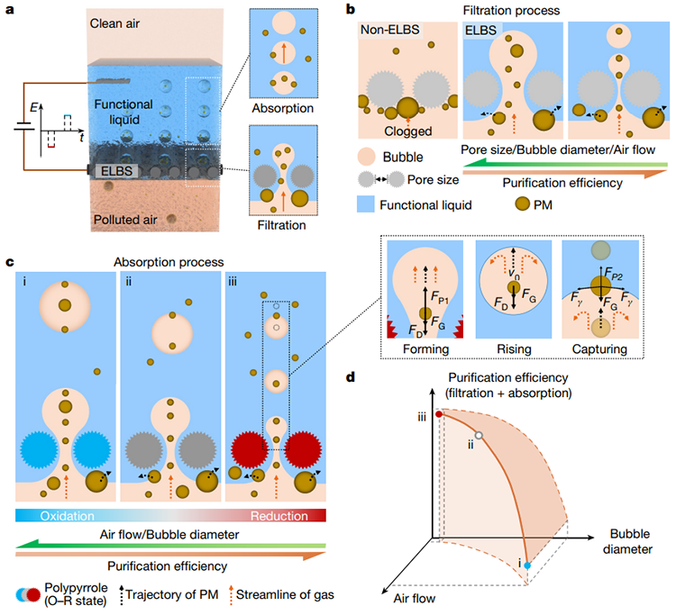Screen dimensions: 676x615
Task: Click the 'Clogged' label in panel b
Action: click(x=407, y=131)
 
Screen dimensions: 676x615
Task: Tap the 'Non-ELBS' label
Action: click(x=389, y=30)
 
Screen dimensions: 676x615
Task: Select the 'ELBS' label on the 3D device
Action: click(x=116, y=171)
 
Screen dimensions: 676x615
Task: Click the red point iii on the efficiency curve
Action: click(x=439, y=414)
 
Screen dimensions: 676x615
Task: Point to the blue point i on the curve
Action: click(x=527, y=565)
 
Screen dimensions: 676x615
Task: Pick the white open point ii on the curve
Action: click(x=479, y=436)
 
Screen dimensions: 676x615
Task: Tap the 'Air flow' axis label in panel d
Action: click(x=415, y=598)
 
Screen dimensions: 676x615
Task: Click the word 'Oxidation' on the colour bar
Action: click(x=68, y=516)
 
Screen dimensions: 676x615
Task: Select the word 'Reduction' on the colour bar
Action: click(x=279, y=516)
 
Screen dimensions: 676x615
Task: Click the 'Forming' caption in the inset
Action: click(x=426, y=349)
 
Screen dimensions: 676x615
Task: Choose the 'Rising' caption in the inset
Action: click(x=514, y=349)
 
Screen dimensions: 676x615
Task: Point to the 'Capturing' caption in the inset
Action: click(x=599, y=349)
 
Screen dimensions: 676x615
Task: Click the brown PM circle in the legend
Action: click(x=523, y=203)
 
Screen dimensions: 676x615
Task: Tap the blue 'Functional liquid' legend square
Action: click(x=366, y=204)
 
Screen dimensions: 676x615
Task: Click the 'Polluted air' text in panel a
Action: click(x=125, y=220)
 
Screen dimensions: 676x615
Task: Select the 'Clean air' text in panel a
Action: click(x=114, y=23)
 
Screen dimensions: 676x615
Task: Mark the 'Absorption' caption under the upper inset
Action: click(x=283, y=108)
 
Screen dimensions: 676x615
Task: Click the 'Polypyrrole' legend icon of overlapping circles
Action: click(x=28, y=594)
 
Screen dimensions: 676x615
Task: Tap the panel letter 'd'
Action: click(x=351, y=377)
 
